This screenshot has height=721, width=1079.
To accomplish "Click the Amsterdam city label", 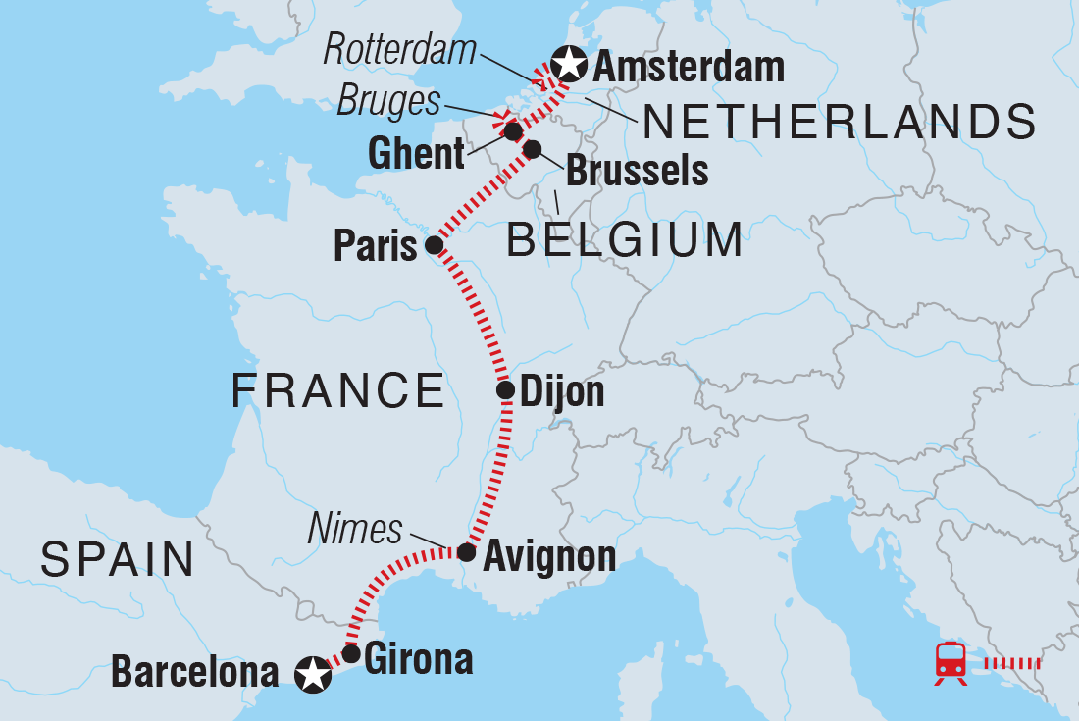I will (690, 68).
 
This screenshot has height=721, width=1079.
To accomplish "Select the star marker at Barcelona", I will (312, 674).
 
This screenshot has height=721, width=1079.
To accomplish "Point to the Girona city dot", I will (350, 653).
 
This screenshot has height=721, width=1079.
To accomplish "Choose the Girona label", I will (418, 659).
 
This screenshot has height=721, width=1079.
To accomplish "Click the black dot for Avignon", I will (467, 553).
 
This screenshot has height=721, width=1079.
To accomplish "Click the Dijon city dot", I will (505, 390).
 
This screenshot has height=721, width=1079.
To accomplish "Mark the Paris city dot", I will (434, 244).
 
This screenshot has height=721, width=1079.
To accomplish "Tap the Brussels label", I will (638, 171).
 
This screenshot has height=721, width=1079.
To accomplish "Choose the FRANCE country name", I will (338, 391).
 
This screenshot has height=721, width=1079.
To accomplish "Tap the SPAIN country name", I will (118, 560).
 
